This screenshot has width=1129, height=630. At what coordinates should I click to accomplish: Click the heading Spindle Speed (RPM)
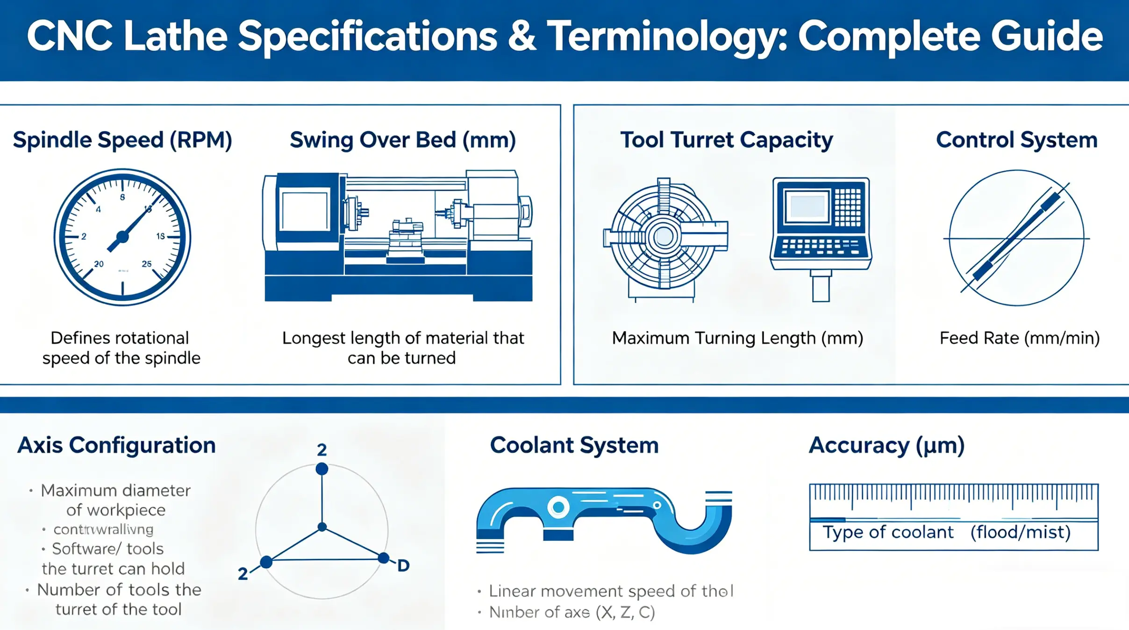click(x=122, y=140)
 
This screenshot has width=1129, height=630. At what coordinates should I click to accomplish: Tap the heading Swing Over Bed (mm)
click(x=402, y=140)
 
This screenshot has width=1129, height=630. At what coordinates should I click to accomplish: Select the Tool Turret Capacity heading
click(x=726, y=140)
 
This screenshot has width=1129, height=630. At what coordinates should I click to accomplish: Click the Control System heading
click(x=1016, y=140)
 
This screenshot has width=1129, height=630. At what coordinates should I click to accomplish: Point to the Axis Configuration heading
click(x=116, y=445)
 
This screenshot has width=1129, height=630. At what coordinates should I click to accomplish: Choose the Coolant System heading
click(x=574, y=445)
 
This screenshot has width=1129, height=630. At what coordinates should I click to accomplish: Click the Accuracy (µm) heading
click(x=886, y=445)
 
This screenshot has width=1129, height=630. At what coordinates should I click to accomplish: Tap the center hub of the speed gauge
click(x=122, y=237)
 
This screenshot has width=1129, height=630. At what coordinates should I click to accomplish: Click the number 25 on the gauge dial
click(x=147, y=264)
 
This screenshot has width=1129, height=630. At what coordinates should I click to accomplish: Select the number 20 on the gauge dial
click(x=99, y=264)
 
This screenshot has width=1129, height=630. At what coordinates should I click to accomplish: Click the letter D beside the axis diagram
click(x=403, y=566)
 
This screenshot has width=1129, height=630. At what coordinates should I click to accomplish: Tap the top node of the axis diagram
click(x=322, y=469)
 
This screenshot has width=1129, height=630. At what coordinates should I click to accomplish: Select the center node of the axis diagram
click(x=322, y=527)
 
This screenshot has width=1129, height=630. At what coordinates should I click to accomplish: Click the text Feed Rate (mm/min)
click(x=1019, y=338)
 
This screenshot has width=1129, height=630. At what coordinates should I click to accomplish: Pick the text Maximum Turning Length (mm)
click(x=737, y=338)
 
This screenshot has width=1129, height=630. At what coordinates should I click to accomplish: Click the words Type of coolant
click(x=887, y=532)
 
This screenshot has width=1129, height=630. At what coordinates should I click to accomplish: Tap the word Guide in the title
click(x=1047, y=36)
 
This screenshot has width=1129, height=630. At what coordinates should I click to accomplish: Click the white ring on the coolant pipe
click(x=558, y=507)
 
